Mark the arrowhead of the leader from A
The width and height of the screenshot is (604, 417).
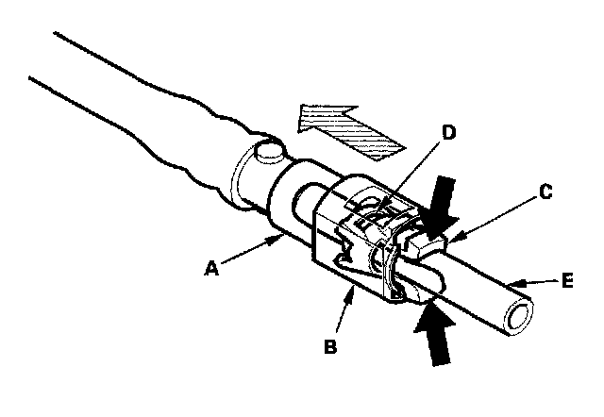point(282,240)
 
